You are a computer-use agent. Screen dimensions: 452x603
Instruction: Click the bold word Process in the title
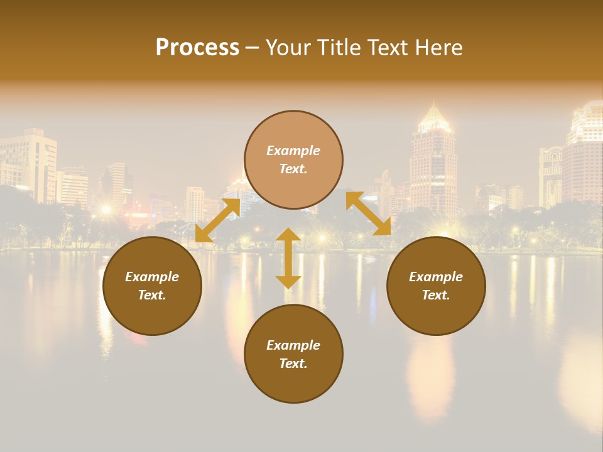197,48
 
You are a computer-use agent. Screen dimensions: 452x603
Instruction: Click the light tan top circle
293,160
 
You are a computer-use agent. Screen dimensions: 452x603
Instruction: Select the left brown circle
152,286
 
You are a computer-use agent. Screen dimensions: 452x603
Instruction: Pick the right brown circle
436,286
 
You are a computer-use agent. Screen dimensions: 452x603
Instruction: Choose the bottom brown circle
293,354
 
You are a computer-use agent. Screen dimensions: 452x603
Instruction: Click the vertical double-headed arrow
288,258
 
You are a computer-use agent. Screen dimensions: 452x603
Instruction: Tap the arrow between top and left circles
217,220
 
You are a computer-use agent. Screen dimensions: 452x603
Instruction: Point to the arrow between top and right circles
368,214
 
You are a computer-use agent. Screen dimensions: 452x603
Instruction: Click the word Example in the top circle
293,151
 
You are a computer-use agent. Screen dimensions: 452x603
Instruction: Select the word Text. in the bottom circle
293,363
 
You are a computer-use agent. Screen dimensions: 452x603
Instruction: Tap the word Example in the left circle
152,277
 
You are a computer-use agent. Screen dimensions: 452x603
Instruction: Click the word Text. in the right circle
436,295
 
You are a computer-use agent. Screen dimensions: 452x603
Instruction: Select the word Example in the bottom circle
293,345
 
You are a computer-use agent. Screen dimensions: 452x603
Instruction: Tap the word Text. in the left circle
152,295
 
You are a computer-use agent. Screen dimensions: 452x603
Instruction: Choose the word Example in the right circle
436,277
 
